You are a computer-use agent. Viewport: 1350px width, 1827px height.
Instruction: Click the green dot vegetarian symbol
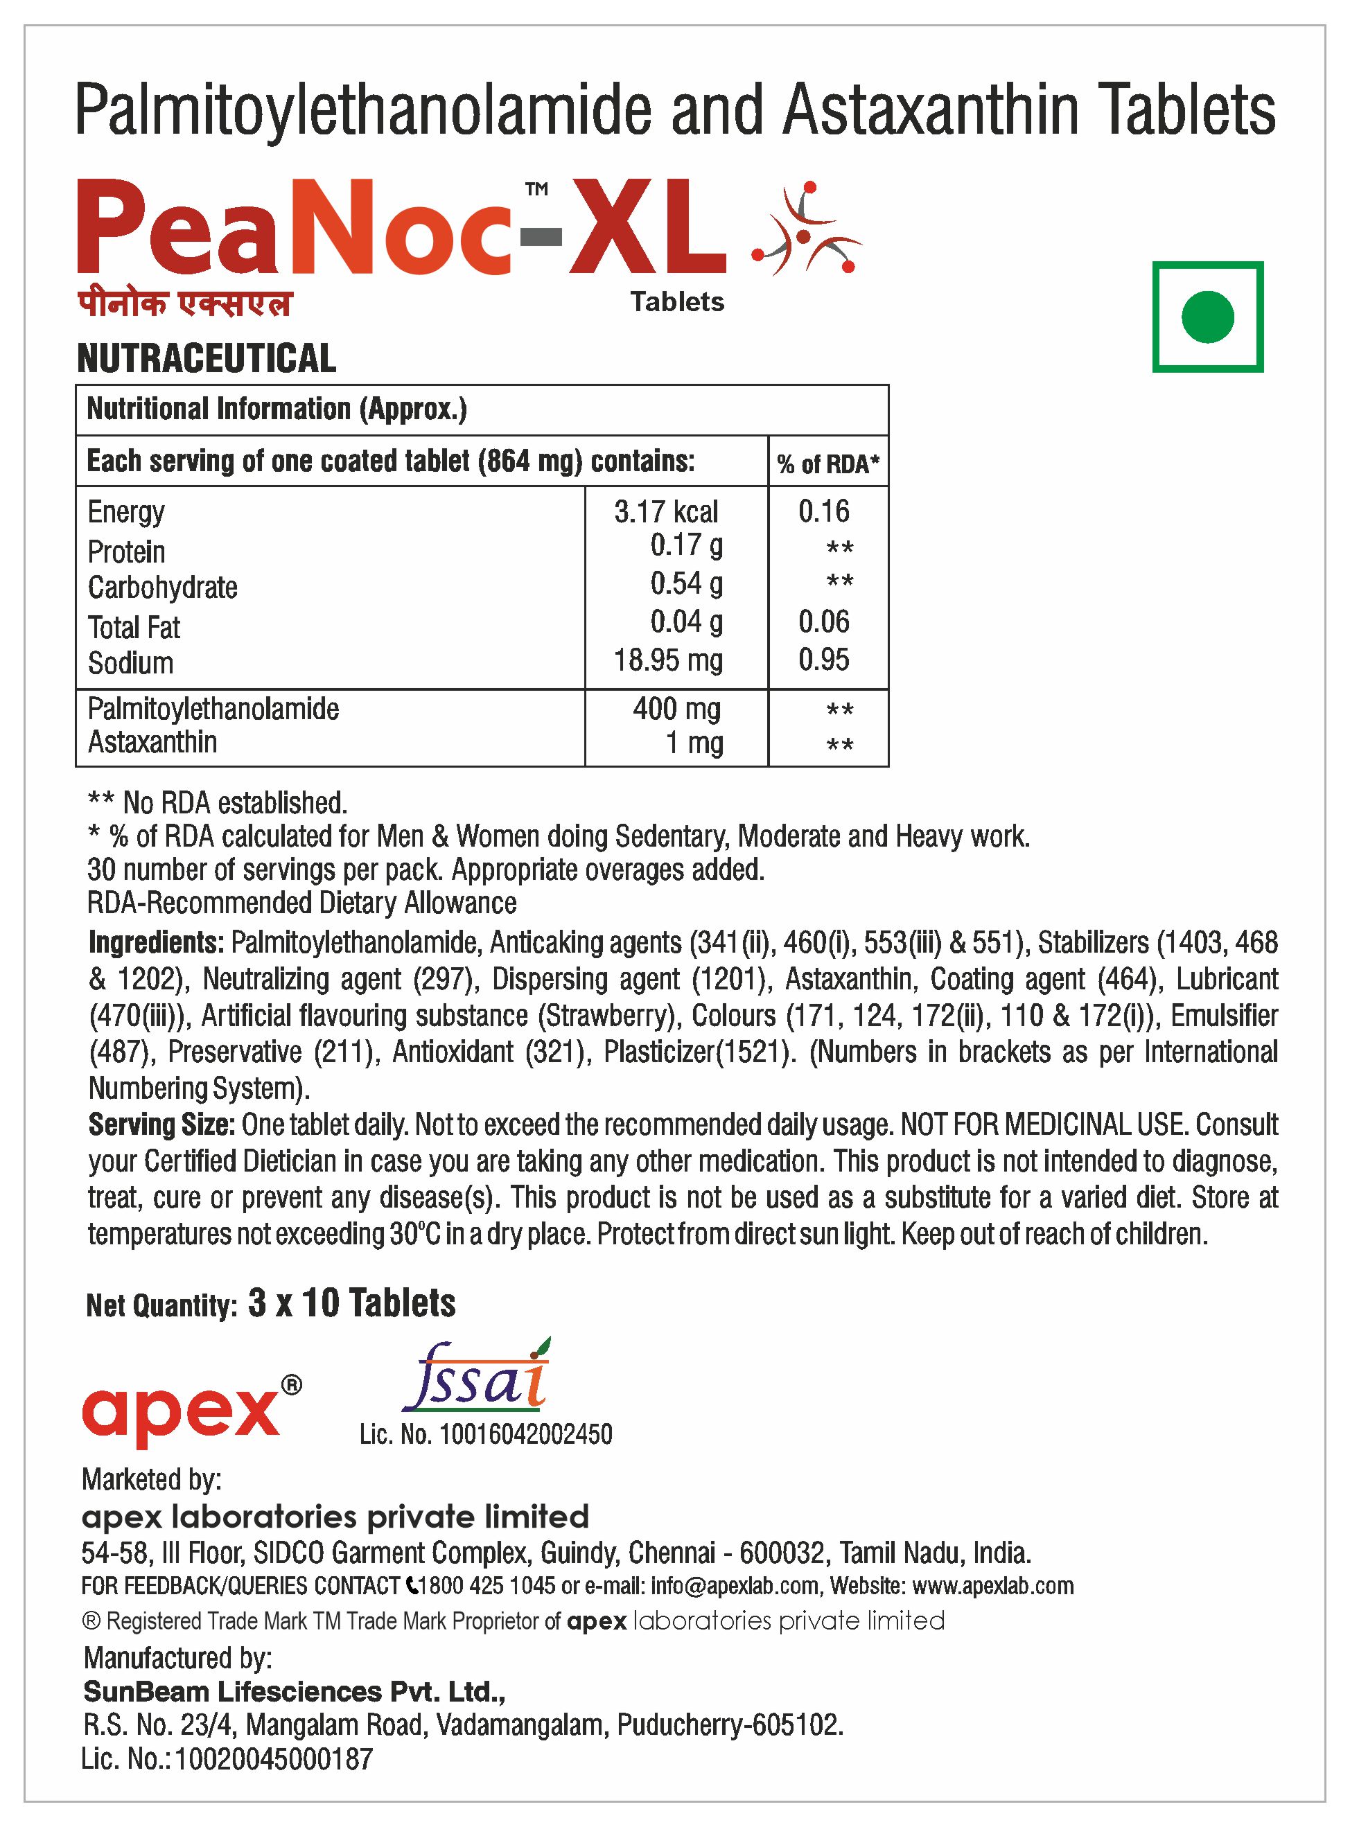tap(1207, 317)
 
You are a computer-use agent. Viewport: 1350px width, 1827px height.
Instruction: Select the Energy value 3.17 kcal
tap(666, 511)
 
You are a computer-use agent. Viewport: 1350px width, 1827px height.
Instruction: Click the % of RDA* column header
tap(828, 464)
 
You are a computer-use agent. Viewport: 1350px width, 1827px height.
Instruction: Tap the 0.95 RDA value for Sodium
tap(824, 660)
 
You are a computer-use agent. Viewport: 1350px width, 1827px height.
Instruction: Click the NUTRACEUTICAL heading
tap(206, 358)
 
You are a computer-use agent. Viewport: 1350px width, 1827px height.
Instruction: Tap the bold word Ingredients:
tap(156, 943)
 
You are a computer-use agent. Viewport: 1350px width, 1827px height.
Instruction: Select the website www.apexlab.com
tap(992, 1586)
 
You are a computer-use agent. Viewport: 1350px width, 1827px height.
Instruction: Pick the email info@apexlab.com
tap(735, 1586)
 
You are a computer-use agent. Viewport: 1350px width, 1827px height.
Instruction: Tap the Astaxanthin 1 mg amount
tap(694, 743)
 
